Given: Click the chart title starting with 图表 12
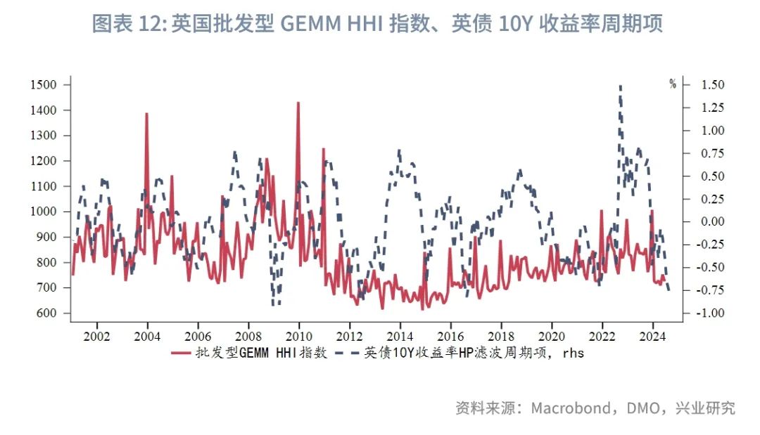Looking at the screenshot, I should click(377, 25).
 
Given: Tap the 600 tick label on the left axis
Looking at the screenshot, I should click(47, 313).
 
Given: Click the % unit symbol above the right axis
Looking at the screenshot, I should click(673, 84).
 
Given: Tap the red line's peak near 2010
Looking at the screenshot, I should click(298, 103).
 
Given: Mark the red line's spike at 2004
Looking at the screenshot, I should click(146, 113).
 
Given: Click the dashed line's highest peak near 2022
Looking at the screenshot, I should click(620, 86).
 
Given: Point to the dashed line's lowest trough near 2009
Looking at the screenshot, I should click(274, 304).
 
